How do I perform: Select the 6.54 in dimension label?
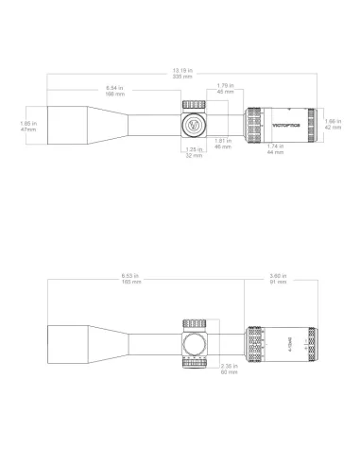[x=114, y=90]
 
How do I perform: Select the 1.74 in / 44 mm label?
[x=274, y=148]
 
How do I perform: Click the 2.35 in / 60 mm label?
[x=230, y=370]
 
